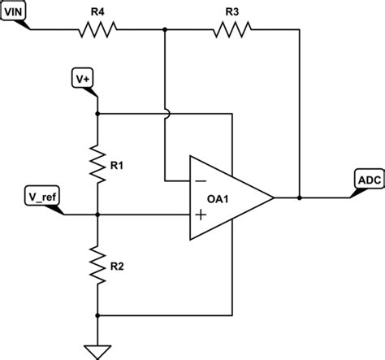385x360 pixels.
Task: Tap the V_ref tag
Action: (42, 197)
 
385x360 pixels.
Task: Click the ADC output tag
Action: (366, 179)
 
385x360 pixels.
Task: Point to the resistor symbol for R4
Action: (98, 31)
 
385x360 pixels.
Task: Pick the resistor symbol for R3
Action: (231, 31)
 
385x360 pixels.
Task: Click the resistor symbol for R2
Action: (97, 265)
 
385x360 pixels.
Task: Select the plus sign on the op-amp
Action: (200, 215)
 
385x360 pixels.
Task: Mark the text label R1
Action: (118, 166)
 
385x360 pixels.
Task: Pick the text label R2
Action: (118, 266)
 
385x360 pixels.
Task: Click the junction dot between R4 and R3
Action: (165, 31)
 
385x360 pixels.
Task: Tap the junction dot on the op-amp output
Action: (300, 197)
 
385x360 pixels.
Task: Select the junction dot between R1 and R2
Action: (97, 215)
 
